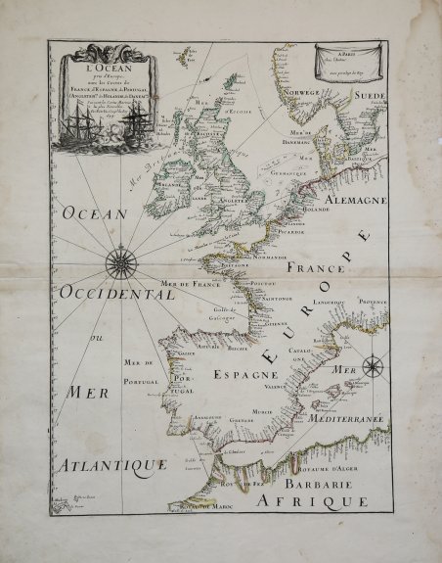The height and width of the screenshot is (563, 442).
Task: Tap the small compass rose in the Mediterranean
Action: [x=373, y=368]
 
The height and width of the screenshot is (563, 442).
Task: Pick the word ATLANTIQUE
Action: [x=110, y=463]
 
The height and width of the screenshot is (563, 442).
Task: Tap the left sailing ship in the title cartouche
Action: [x=79, y=127]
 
